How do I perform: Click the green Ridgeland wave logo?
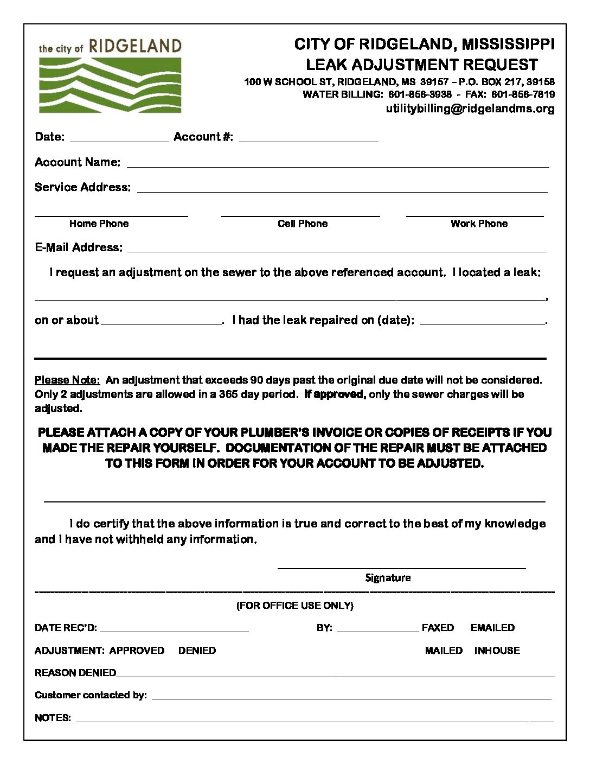(110, 85)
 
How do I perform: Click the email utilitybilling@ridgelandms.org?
(470, 109)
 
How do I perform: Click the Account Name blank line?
(337, 164)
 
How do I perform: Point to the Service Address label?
(82, 187)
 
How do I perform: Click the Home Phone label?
(99, 224)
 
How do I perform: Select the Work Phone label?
(479, 224)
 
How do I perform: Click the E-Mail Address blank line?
(337, 250)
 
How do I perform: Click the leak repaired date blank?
(482, 322)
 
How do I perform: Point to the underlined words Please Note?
(67, 380)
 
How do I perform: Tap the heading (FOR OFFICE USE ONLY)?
(294, 606)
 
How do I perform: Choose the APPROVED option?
(137, 650)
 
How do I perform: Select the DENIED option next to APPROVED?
(197, 650)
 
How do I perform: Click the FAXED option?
(438, 628)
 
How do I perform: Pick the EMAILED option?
(492, 628)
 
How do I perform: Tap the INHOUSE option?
(497, 650)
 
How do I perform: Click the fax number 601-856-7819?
(523, 94)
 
